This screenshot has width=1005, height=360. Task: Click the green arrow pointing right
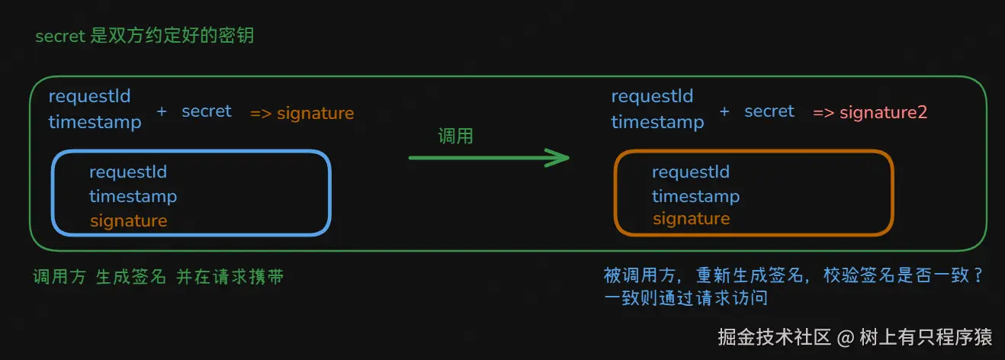489,158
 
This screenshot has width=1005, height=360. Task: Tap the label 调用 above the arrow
455,137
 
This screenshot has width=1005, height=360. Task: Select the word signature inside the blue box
128,220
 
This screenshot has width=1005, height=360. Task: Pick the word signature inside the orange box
691,219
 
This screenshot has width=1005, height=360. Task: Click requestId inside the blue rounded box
127,172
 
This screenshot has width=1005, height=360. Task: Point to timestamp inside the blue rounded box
133,196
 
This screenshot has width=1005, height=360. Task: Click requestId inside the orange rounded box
690,172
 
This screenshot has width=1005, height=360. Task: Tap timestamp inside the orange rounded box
695,196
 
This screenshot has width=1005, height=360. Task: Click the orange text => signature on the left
302,114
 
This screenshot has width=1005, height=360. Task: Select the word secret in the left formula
206,111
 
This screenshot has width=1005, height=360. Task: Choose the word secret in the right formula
769,111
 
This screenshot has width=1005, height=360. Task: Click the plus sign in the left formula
162,111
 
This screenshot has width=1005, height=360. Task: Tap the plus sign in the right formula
724,111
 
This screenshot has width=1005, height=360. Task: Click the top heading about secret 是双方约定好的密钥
150,36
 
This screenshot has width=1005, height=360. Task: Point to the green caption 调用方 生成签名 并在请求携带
158,277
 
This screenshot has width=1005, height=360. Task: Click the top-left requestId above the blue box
89,97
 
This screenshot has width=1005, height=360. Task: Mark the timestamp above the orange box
657,122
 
